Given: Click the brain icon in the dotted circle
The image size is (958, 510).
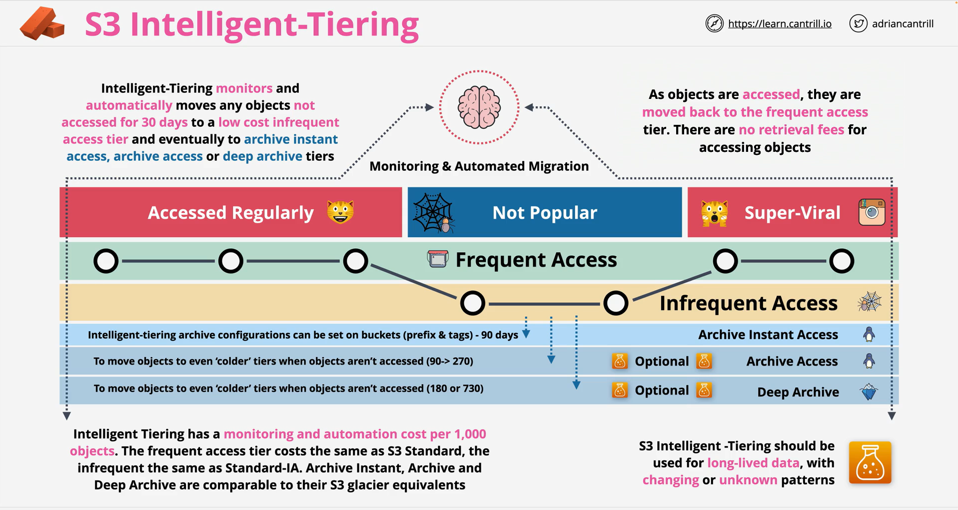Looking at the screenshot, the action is [479, 107].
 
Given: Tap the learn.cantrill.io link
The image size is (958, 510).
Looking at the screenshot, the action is [780, 23].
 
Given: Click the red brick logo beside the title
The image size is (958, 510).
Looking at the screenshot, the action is [42, 23].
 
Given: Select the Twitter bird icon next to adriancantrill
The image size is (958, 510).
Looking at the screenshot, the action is [858, 23].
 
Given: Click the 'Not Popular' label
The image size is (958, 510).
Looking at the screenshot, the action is [545, 213].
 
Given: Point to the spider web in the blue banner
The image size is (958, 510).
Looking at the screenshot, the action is [433, 213].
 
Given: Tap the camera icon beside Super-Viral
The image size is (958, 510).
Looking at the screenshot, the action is [872, 212].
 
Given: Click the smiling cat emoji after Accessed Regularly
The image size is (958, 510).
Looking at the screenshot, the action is [340, 212].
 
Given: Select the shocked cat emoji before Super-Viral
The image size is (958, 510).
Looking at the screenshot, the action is [714, 213].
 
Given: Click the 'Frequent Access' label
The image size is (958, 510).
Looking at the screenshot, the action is [536, 260].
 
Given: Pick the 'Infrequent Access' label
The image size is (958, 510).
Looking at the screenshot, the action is [749, 303].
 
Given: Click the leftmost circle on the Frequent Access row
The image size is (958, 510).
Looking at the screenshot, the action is [106, 261].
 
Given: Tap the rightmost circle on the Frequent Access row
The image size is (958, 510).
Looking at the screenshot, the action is [842, 261].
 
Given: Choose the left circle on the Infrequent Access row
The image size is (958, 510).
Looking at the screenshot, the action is [473, 303].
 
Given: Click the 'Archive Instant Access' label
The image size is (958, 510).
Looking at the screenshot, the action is [768, 335].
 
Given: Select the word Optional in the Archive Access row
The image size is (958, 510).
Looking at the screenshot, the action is [662, 361].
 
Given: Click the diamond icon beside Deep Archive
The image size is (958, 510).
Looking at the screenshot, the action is [870, 392].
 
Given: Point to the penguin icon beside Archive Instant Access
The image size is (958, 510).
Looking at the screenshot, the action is [869, 334].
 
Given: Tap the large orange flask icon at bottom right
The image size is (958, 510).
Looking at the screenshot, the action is [870, 463].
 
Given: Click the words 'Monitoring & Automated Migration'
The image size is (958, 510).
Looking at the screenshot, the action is [479, 166].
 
